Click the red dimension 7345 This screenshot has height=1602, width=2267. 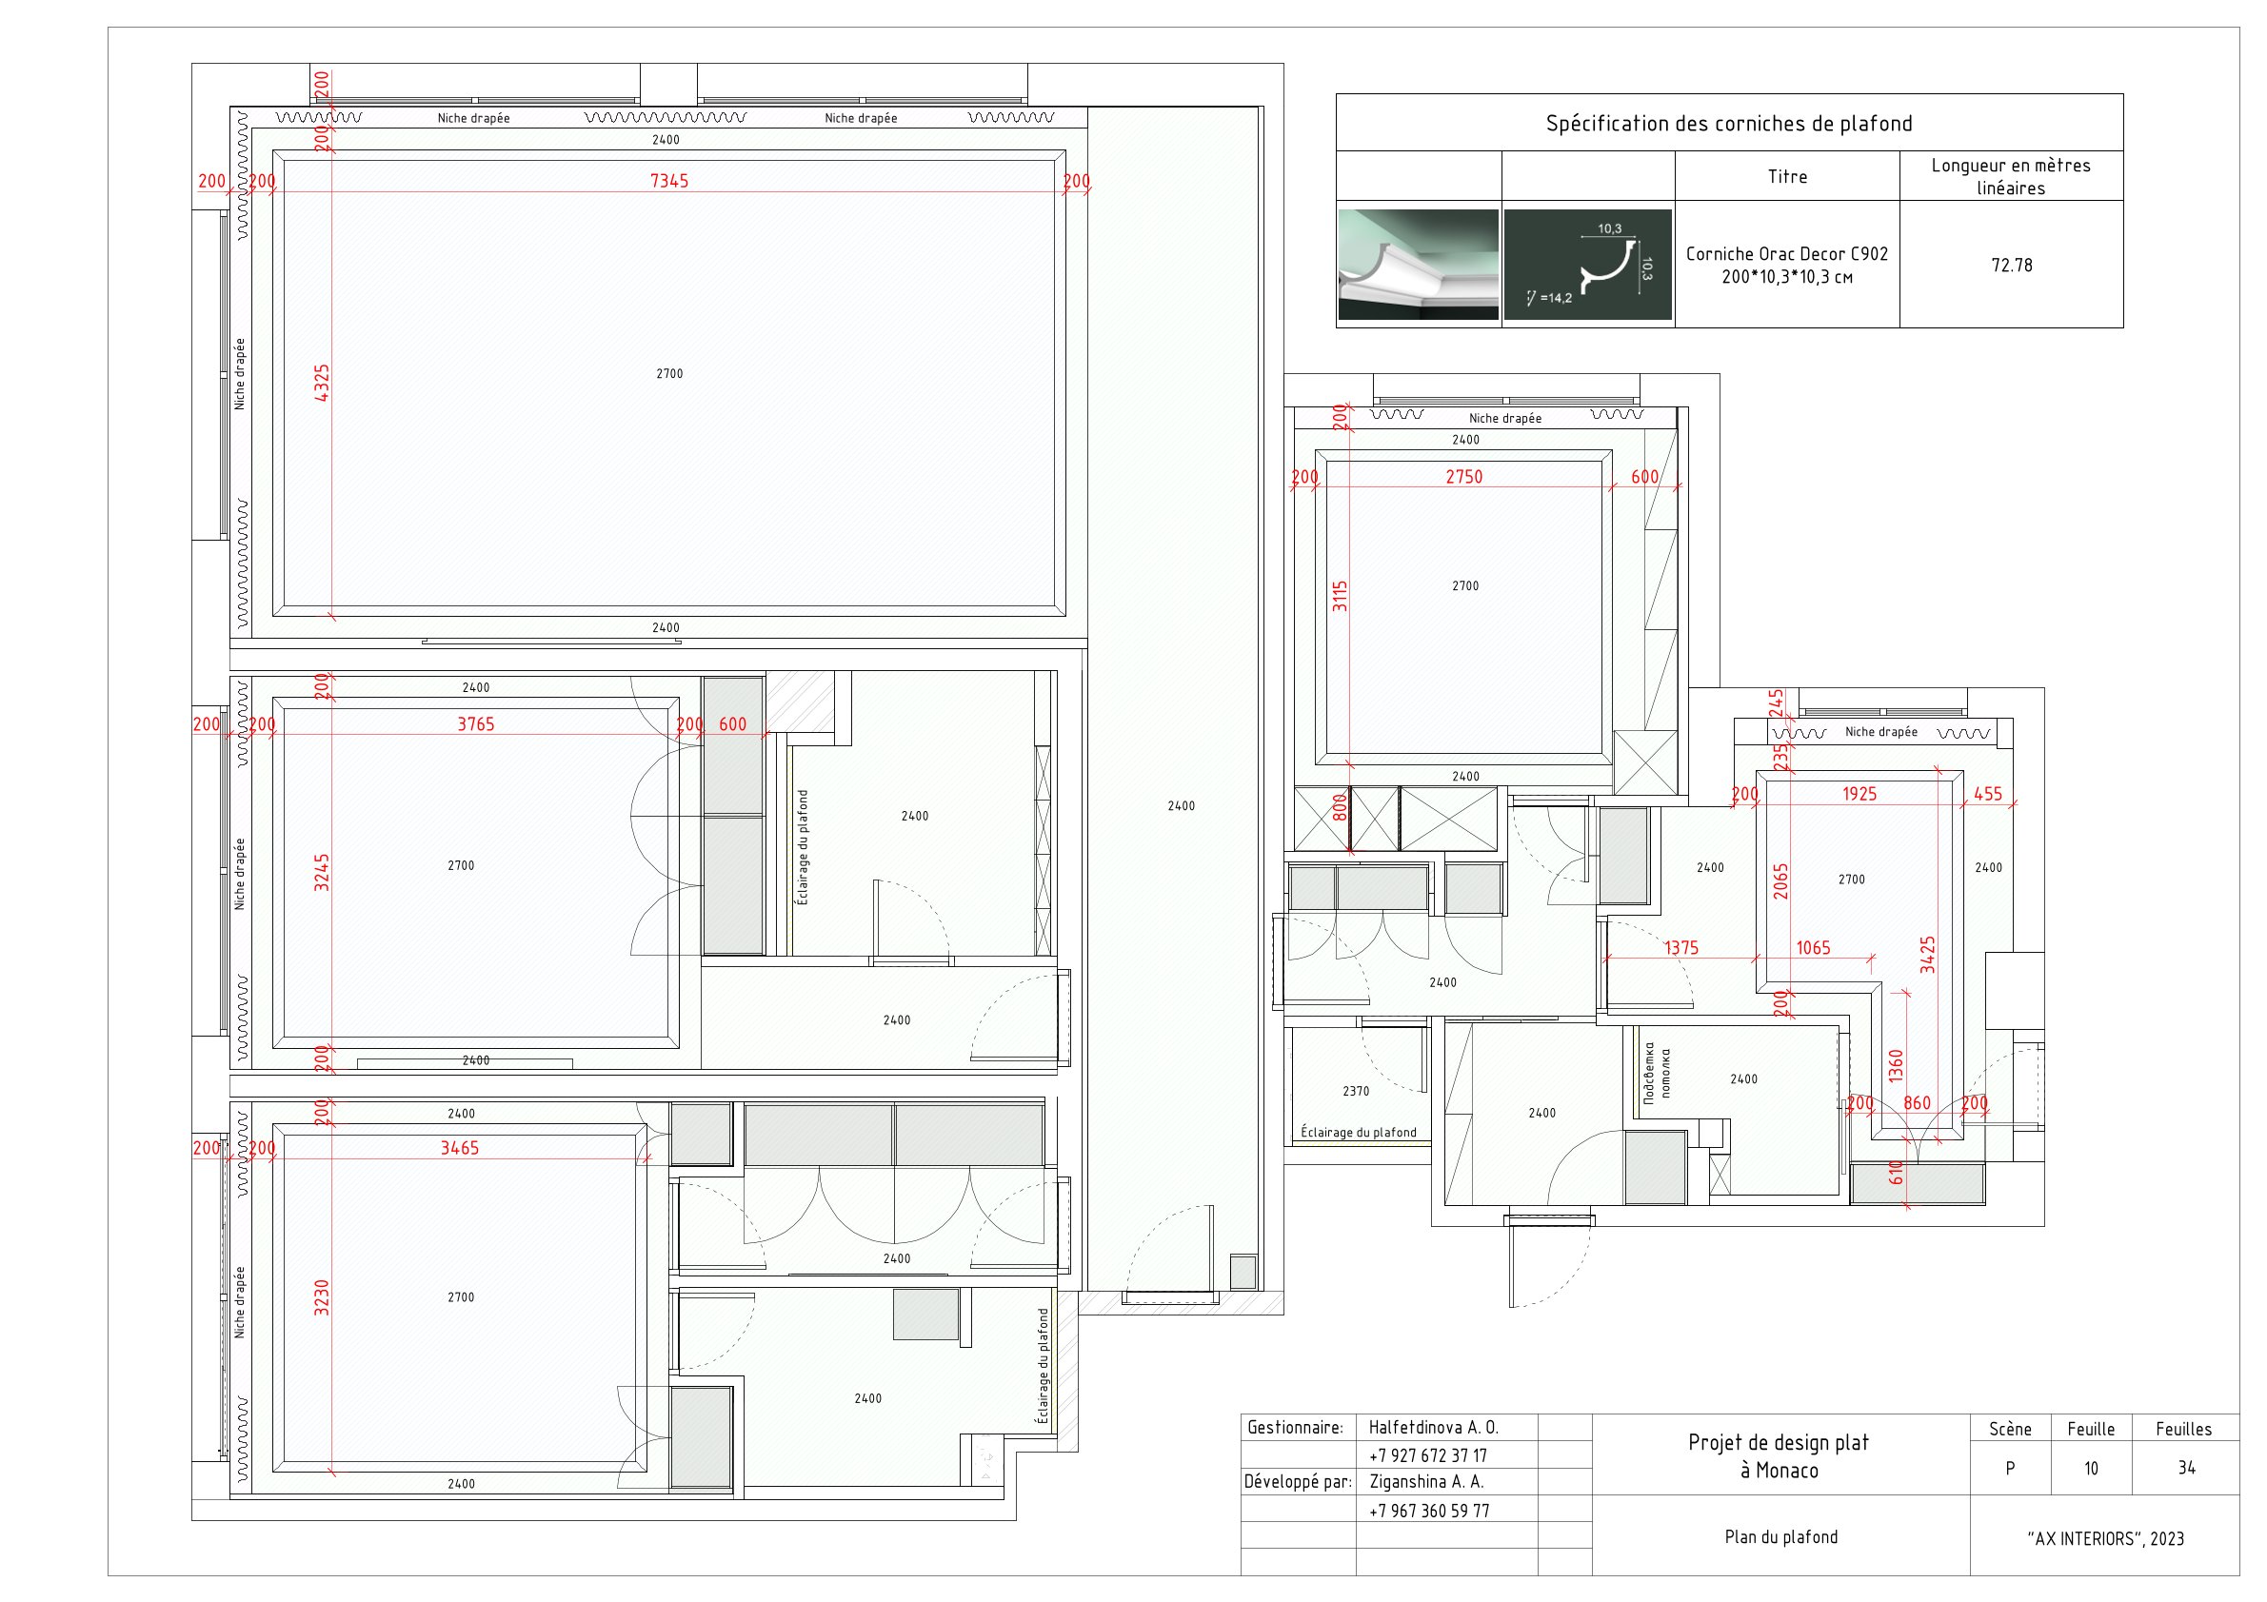click(x=668, y=181)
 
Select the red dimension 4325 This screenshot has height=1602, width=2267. click(x=322, y=383)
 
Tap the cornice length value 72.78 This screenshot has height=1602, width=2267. click(x=2011, y=266)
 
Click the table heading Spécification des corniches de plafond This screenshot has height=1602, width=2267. click(x=1728, y=124)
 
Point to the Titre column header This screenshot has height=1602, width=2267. click(x=1786, y=177)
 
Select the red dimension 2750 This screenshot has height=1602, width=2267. click(x=1463, y=477)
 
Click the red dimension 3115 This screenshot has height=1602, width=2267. click(x=1340, y=596)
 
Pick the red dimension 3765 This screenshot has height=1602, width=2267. click(x=475, y=724)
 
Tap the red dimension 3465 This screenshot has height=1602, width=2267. click(x=459, y=1148)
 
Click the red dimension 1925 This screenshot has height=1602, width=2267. click(x=1859, y=794)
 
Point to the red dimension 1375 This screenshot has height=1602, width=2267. click(x=1680, y=947)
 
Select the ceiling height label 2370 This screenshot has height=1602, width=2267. click(x=1356, y=1091)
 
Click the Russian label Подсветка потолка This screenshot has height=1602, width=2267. click(x=1656, y=1073)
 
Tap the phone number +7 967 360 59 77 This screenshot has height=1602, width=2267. click(x=1429, y=1511)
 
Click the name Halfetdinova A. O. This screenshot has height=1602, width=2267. click(x=1433, y=1427)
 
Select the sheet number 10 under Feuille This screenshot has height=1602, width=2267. click(x=2090, y=1469)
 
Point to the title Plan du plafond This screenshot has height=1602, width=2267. click(x=1780, y=1537)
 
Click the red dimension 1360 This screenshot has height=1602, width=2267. click(x=1895, y=1066)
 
